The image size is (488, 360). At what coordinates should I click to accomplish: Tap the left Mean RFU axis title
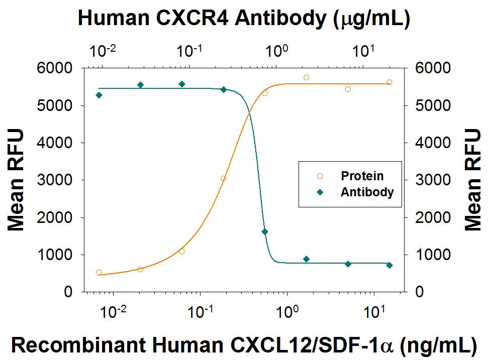[x=16, y=179]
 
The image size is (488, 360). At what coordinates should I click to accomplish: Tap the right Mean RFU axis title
[x=472, y=179]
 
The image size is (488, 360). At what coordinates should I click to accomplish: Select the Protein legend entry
[x=362, y=176]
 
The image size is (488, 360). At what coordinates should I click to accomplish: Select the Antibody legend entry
[x=367, y=192]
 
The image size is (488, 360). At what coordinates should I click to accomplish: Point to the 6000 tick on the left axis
[x=57, y=68]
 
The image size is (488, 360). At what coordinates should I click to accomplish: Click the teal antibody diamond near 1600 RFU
[x=265, y=232]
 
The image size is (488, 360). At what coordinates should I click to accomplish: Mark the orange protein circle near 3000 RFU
[x=223, y=179]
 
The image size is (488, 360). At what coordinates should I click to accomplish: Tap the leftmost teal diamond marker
[x=99, y=95]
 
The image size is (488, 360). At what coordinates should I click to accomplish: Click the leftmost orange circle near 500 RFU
[x=99, y=273]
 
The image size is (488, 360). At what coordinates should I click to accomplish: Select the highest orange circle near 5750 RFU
[x=306, y=77]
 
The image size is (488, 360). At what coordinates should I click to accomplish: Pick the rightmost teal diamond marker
[x=389, y=265]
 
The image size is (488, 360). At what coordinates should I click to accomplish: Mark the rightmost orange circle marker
[x=389, y=82]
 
